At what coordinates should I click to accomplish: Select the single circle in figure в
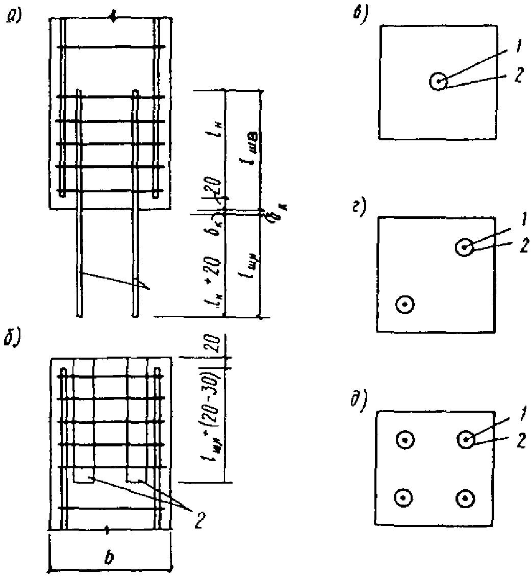438,81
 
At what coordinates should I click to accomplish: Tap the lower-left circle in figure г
405,305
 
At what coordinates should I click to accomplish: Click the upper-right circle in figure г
464,248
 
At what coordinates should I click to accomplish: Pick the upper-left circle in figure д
404,439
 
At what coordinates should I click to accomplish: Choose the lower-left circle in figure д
403,497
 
